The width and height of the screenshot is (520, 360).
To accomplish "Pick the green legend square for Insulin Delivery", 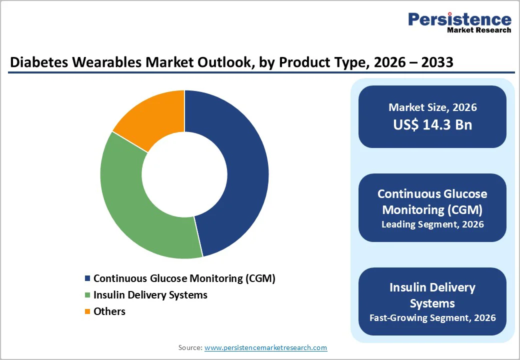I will point(88,295).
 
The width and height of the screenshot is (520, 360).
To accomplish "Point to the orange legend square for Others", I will point(88,311).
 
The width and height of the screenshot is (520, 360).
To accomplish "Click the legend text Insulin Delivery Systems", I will point(150,295).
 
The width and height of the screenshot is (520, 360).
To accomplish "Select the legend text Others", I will point(109,311).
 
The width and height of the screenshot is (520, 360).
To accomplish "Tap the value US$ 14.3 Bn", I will point(432,124).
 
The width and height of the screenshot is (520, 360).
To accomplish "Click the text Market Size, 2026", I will point(432,107).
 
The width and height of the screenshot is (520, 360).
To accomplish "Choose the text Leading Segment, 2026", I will point(432,224).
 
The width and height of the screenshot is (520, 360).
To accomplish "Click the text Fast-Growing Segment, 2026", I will point(432,317).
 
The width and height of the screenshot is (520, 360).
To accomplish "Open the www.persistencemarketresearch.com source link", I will point(265,347).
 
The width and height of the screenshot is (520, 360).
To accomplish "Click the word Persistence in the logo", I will point(459,19).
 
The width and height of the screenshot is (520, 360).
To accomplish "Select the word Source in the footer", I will point(189,347).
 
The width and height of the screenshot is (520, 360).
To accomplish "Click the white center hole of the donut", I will point(184,174).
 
